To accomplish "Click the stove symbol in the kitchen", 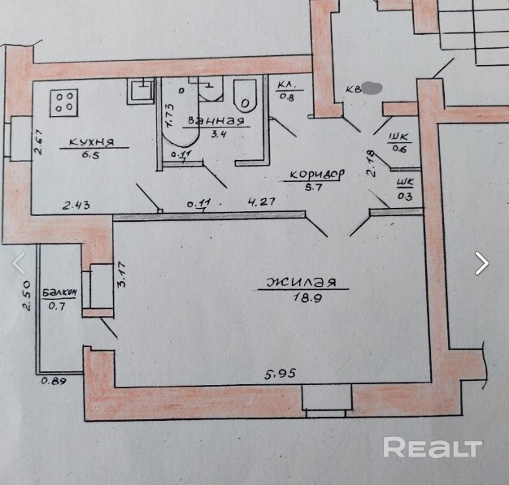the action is coord(65,101).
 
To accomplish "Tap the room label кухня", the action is coord(90,141).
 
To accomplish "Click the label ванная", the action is coord(215,121).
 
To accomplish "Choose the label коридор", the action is coord(311,174).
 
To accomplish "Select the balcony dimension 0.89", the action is coord(55,379).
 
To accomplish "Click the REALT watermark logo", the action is coord(432,447).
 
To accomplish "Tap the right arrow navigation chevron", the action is coord(482,262).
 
